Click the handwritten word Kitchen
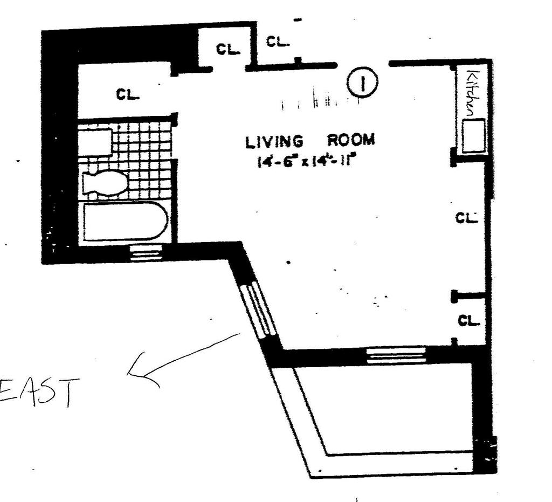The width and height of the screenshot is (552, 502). pos(472,94)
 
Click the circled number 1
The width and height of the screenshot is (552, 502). pos(362,83)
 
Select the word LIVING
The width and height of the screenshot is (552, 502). pos(274,142)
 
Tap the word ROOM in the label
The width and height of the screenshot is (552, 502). pos(351,140)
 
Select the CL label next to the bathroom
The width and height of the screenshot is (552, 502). pos(128,95)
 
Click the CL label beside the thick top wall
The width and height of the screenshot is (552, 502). pos(227,49)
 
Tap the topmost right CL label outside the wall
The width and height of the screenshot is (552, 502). pos(278,41)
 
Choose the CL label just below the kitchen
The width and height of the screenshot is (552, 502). pos(467,218)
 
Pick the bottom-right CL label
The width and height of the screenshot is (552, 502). pos(468,320)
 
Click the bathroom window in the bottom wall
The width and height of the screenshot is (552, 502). pos(146,253)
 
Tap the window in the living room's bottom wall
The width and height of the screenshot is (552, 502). pos(396,355)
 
